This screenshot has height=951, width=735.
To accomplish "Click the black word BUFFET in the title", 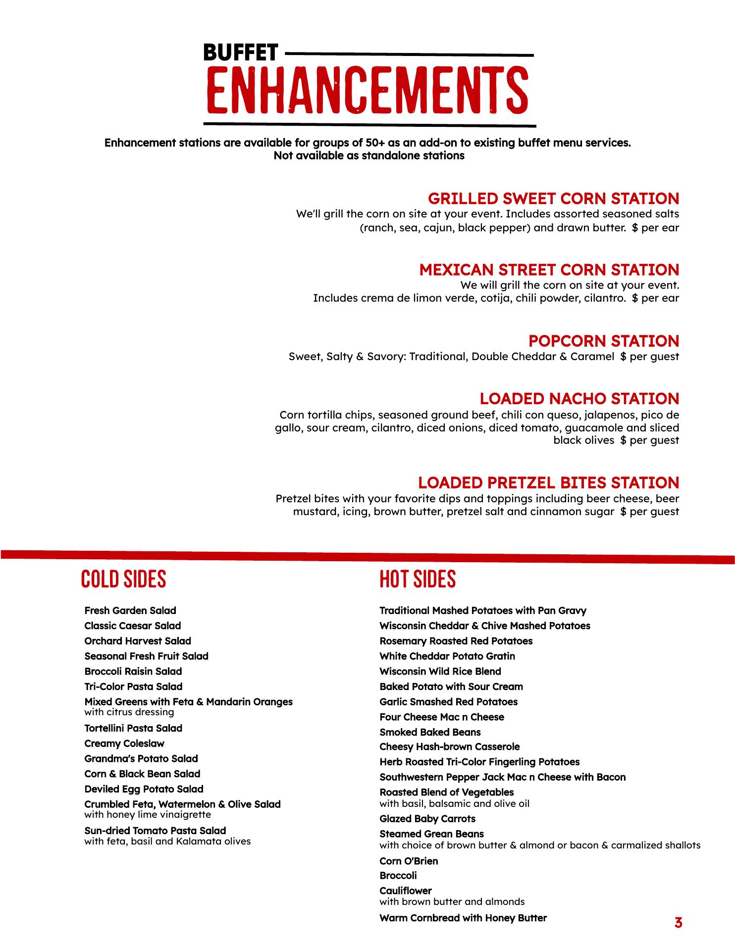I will click(x=241, y=53).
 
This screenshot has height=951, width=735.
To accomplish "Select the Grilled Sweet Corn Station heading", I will click(x=553, y=199).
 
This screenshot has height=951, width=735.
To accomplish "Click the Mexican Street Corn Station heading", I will click(x=549, y=270).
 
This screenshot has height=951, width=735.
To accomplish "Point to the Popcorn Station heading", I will click(x=603, y=341).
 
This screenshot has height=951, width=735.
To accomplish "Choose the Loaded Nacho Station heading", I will click(x=579, y=399).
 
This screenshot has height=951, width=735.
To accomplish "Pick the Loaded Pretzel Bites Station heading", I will click(x=548, y=483).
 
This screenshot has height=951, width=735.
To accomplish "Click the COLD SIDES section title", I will click(x=124, y=579).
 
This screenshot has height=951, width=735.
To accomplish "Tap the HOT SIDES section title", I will click(x=418, y=579).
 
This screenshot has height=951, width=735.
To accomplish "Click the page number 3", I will click(x=678, y=923).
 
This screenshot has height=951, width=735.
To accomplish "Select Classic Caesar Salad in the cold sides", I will click(x=133, y=626).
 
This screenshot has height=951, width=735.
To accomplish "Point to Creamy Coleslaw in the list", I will click(x=124, y=743).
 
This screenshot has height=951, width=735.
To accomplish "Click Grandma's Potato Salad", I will click(x=141, y=759).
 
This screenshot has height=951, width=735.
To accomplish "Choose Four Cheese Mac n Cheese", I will click(x=442, y=717).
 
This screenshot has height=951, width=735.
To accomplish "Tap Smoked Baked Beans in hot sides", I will click(x=430, y=732).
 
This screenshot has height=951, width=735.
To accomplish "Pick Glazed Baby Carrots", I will click(x=427, y=819).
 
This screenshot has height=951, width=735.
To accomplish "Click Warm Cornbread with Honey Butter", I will click(x=463, y=918).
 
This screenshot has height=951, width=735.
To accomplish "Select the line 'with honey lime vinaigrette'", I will click(x=148, y=815).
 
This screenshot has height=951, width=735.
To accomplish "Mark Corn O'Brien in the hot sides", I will click(x=409, y=861).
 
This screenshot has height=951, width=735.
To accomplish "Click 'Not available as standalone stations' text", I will click(x=369, y=156).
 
